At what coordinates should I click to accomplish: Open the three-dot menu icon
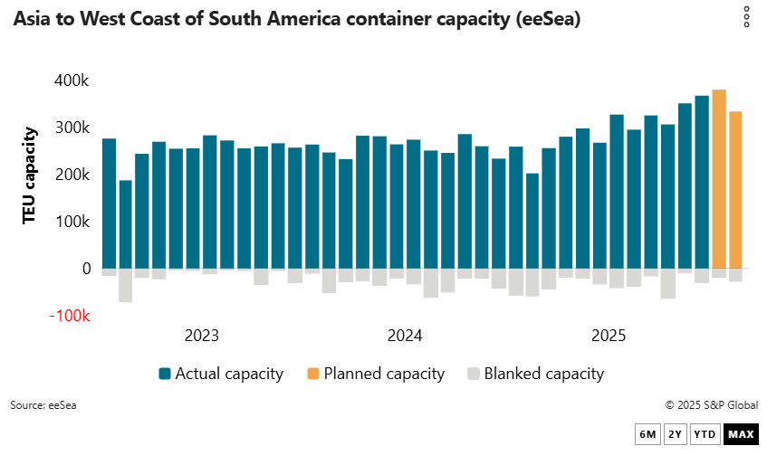click(746, 17)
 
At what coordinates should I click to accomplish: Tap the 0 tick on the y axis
click(86, 269)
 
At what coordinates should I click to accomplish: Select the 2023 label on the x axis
click(201, 336)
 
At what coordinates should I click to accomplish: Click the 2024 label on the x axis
click(405, 336)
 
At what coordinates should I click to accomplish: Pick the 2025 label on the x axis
click(609, 336)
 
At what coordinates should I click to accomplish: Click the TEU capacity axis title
click(29, 175)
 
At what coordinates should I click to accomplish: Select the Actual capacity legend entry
click(221, 374)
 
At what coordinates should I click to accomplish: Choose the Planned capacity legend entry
click(376, 374)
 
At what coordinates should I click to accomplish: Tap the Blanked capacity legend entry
click(535, 374)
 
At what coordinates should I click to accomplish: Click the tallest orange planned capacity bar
click(719, 179)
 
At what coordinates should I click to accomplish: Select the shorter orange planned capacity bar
click(736, 190)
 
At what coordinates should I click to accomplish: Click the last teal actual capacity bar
click(702, 182)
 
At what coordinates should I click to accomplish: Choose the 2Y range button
click(675, 434)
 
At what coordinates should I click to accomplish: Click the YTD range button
click(705, 434)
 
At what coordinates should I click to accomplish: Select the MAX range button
click(741, 434)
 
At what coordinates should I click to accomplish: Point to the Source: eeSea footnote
click(43, 405)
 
